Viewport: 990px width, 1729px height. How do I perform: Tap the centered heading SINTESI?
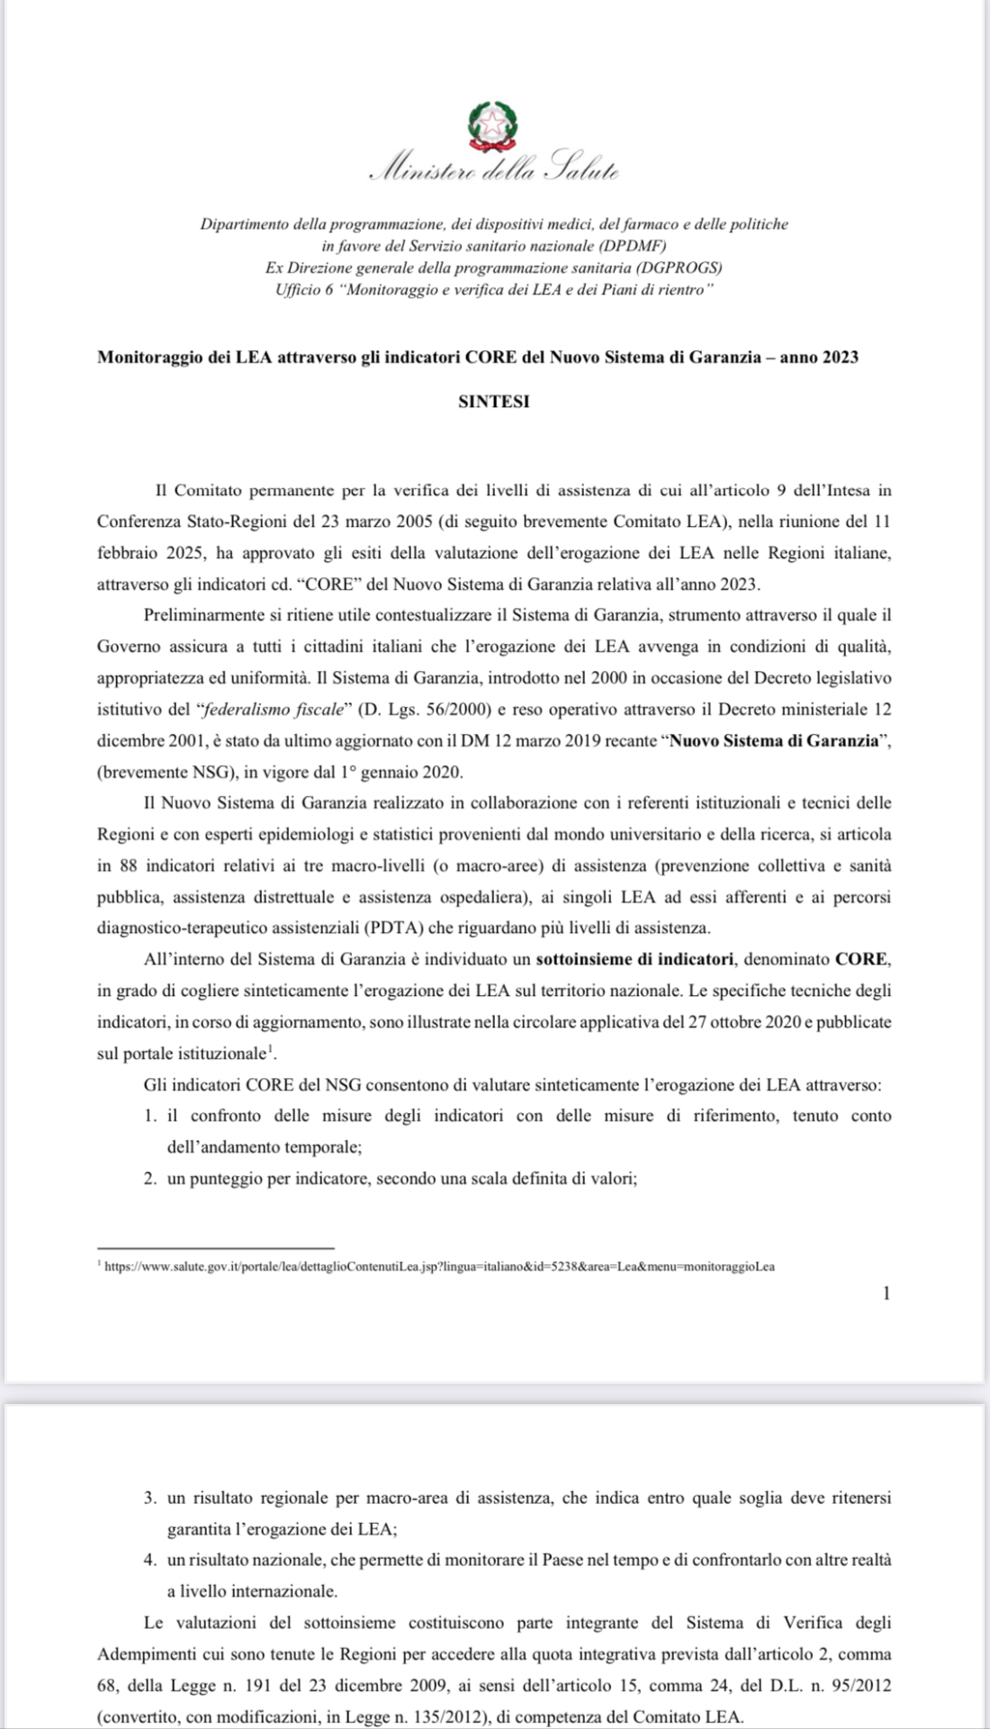point(494,403)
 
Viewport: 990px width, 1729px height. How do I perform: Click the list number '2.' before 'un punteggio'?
point(150,1178)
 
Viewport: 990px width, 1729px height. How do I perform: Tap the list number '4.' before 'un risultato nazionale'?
point(150,1560)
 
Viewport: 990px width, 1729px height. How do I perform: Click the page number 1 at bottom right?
point(886,1294)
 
